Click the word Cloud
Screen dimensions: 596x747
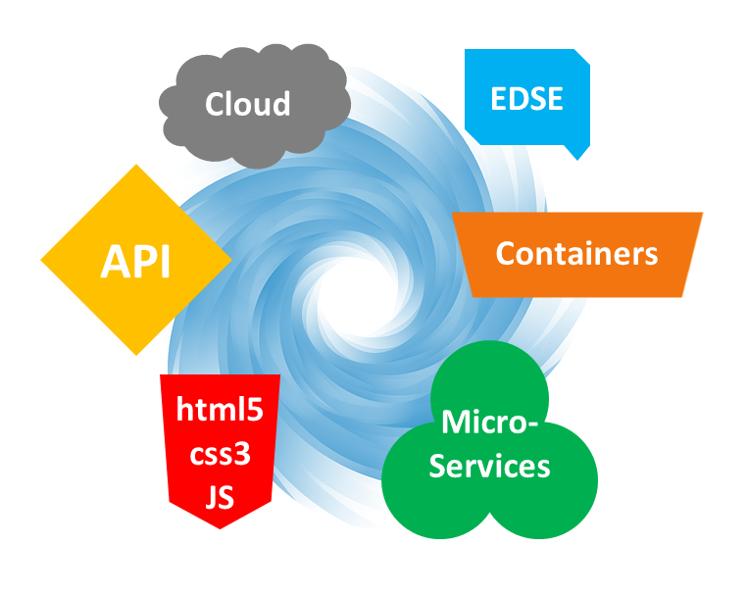247,103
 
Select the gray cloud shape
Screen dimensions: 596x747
186,127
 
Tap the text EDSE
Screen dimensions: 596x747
527,98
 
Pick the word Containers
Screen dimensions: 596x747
576,254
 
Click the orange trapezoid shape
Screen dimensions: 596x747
490,279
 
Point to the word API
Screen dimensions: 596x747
135,262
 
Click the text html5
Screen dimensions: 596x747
220,409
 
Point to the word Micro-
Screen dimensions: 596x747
490,422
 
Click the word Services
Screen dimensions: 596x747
490,466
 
